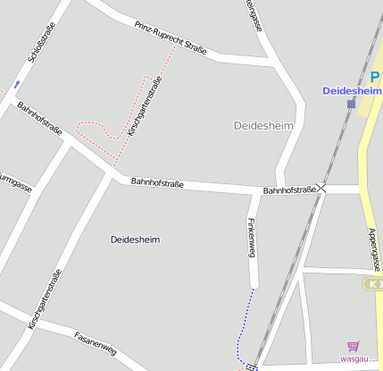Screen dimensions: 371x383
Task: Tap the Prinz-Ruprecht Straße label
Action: pyautogui.click(x=171, y=38)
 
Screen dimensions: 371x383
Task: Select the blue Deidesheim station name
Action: pyautogui.click(x=352, y=90)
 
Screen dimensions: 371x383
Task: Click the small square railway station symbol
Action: pyautogui.click(x=351, y=103)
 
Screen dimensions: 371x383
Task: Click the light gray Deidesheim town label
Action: pyautogui.click(x=263, y=126)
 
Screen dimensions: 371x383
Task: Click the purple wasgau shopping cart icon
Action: pyautogui.click(x=354, y=346)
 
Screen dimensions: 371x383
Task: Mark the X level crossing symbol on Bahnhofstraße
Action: pyautogui.click(x=322, y=188)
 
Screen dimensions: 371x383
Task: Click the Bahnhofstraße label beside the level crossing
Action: pyautogui.click(x=289, y=190)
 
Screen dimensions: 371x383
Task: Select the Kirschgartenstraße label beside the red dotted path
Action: pyautogui.click(x=144, y=106)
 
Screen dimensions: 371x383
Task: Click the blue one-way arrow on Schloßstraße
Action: pyautogui.click(x=17, y=85)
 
